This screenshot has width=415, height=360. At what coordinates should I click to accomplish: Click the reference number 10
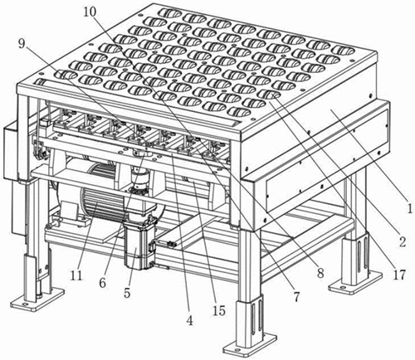[x=90, y=12]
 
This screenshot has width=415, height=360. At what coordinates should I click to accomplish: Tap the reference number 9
[x=22, y=44]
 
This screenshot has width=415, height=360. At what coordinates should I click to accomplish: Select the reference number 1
[x=409, y=208]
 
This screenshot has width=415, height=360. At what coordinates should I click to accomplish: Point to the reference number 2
[x=403, y=241]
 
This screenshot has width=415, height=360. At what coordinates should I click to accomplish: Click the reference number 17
[x=398, y=275]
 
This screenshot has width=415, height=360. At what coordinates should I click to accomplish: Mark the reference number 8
[x=320, y=273]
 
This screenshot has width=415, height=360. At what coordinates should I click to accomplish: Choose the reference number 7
[x=296, y=297]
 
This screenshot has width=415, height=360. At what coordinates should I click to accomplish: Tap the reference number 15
[x=219, y=311]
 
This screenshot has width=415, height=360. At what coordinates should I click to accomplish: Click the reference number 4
[x=189, y=320]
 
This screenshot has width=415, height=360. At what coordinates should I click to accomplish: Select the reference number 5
[x=127, y=293]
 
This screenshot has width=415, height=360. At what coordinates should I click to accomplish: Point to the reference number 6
[x=103, y=282]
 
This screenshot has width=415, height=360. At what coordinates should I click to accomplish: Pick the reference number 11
[x=76, y=275]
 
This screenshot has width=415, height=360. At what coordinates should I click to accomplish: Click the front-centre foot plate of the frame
[x=250, y=345]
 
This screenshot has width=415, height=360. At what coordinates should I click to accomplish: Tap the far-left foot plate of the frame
[x=37, y=299]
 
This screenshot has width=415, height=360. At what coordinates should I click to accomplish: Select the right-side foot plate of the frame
[x=355, y=282]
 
